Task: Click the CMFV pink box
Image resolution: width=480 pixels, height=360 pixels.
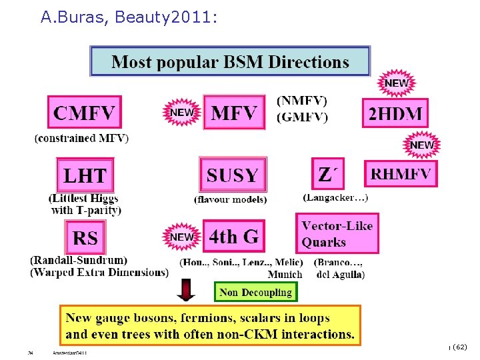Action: (x=84, y=111)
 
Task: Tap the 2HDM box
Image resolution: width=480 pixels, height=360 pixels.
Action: (x=395, y=113)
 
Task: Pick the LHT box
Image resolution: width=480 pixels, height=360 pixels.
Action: (x=85, y=175)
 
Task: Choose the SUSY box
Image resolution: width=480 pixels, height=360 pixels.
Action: (x=233, y=175)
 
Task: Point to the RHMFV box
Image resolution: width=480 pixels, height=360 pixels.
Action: (x=401, y=174)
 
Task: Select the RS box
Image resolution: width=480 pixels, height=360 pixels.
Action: (x=85, y=237)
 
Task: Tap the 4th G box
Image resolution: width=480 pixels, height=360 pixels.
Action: (x=233, y=236)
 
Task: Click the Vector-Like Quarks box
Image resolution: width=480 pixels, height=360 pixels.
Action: (x=337, y=233)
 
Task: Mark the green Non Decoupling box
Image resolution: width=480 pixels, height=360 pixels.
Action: (x=256, y=292)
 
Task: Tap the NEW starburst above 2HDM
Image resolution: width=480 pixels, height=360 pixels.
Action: (x=397, y=84)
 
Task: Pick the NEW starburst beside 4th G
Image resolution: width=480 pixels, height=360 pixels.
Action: (x=182, y=237)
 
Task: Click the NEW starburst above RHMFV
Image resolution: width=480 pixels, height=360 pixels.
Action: (x=421, y=145)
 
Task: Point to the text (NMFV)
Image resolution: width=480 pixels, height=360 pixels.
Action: (x=301, y=101)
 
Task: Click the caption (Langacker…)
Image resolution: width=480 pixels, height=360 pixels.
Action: (x=335, y=197)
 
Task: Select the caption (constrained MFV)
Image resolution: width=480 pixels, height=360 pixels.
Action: (x=81, y=139)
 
